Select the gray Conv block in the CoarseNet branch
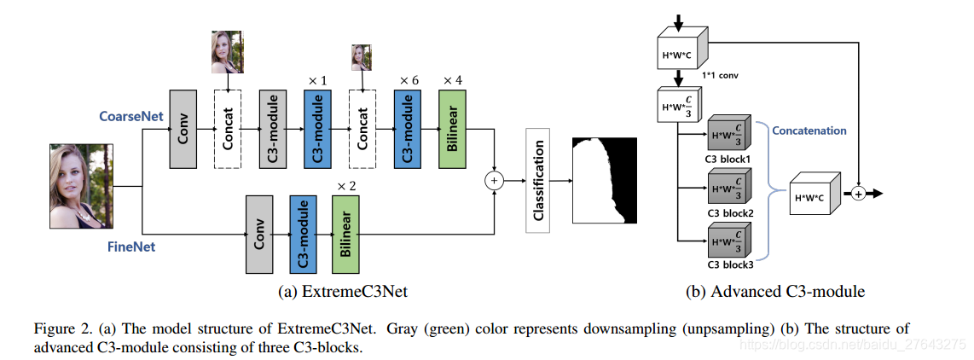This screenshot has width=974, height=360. tap(183, 128)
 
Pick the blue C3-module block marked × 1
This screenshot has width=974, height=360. tap(316, 128)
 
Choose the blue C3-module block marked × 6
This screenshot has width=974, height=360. tap(406, 128)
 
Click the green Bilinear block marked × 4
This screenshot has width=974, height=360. tap(450, 128)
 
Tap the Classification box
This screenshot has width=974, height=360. tap(537, 180)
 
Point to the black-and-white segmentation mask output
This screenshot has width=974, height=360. tap(604, 180)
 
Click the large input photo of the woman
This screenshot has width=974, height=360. tap(82, 185)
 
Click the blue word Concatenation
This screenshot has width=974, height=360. tap(809, 131)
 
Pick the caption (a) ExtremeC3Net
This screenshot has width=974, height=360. tap(343, 292)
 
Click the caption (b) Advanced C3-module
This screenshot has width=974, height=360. tap(775, 292)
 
